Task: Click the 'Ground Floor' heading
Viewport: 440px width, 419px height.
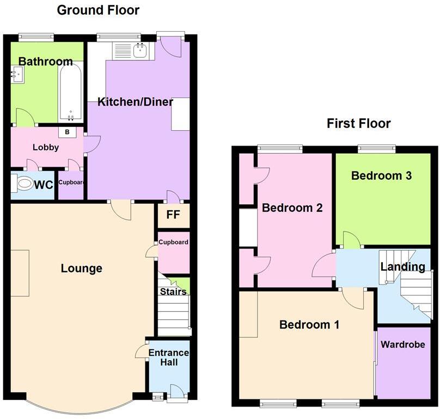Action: point(98,10)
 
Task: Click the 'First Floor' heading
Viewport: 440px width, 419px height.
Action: point(358,123)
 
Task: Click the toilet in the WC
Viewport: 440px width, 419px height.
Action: point(23,184)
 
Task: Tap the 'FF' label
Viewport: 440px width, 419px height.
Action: point(173,214)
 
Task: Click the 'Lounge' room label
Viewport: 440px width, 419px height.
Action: point(81,268)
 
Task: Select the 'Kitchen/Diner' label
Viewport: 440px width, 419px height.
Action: point(136,102)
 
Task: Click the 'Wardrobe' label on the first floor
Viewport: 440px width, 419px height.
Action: point(402,344)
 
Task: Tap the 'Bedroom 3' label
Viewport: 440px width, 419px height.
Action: point(381,175)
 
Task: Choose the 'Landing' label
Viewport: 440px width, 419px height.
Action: point(402,266)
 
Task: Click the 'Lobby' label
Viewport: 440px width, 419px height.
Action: point(46,147)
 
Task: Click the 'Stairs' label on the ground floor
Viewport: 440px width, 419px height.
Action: point(173,292)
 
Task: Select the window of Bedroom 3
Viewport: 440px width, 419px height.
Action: point(376,147)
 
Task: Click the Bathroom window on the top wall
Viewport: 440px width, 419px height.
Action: point(36,37)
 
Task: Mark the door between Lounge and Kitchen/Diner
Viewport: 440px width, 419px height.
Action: point(120,209)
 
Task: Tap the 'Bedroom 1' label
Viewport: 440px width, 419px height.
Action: point(309,325)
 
